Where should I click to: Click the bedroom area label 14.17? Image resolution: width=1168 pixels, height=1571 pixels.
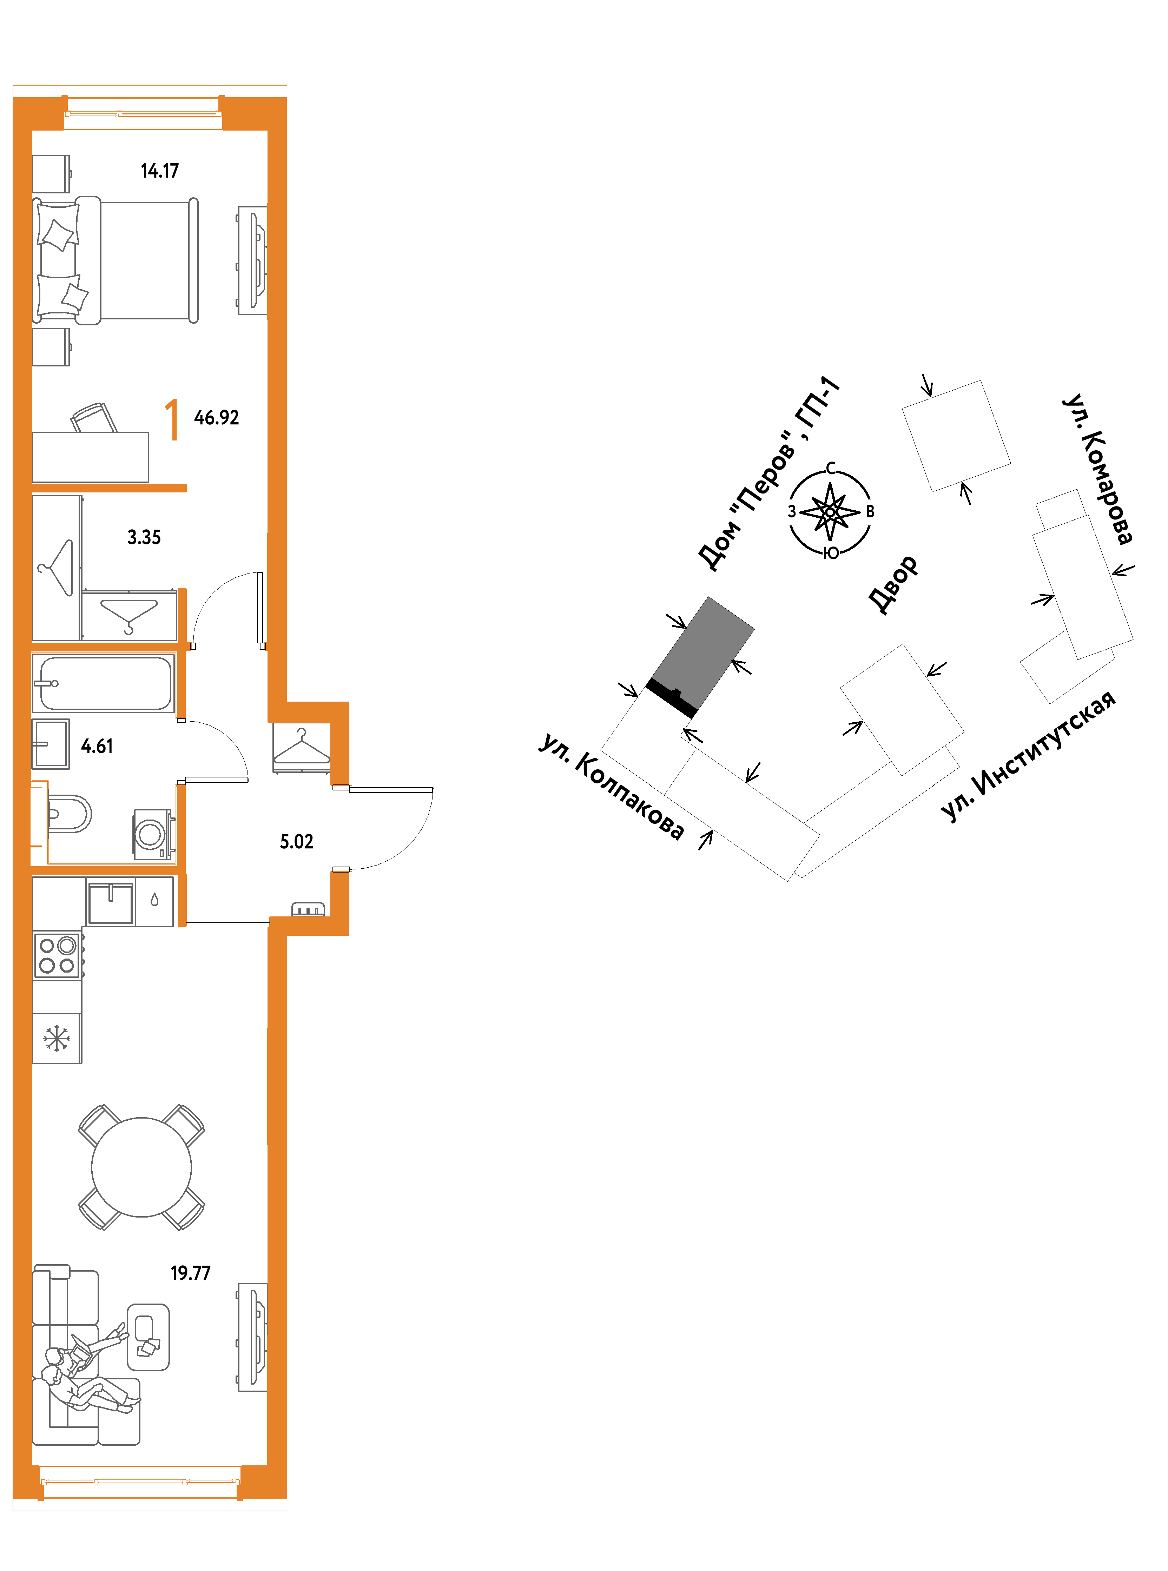click(x=160, y=171)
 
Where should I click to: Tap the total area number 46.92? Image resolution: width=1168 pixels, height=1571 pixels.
click(x=216, y=418)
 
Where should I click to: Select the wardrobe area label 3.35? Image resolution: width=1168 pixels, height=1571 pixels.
click(x=144, y=537)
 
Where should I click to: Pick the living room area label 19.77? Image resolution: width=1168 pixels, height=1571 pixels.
click(x=190, y=1273)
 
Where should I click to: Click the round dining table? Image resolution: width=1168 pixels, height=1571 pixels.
click(x=141, y=1167)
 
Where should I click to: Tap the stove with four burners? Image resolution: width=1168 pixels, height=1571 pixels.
click(x=57, y=955)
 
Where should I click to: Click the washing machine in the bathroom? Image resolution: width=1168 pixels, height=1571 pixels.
click(x=153, y=834)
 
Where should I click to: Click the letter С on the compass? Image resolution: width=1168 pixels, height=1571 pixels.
click(x=831, y=468)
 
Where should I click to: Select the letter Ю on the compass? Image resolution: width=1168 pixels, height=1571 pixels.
click(x=831, y=554)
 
